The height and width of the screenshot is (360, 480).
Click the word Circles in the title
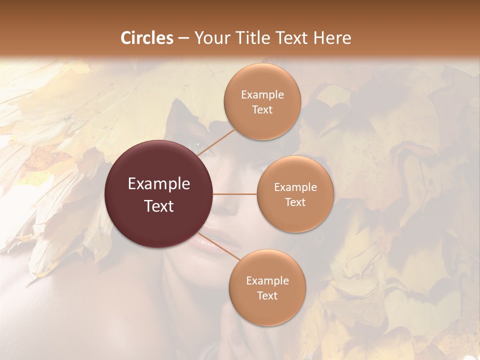[147, 38]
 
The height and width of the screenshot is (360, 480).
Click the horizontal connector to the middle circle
[235, 194]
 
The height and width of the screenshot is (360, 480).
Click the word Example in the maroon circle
[159, 183]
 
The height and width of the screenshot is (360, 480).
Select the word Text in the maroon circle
[159, 205]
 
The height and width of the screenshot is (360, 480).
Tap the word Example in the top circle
[262, 94]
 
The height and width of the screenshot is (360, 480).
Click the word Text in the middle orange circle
[295, 202]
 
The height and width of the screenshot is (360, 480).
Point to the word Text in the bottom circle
[267, 295]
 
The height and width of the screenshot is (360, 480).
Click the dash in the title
[183, 38]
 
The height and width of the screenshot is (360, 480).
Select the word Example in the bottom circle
[267, 280]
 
